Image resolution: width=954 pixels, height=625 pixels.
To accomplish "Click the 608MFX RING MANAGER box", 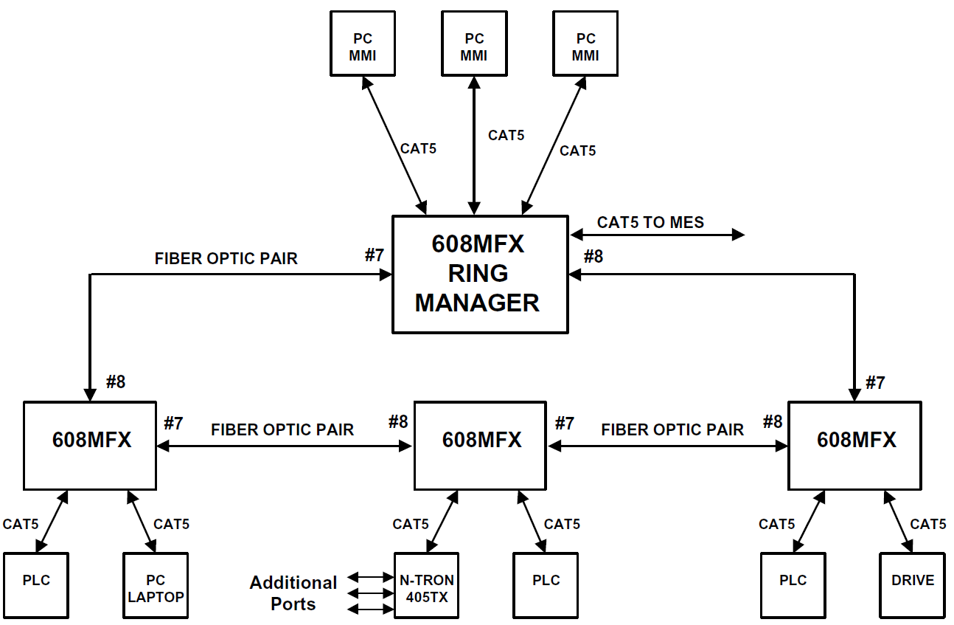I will click(x=479, y=274).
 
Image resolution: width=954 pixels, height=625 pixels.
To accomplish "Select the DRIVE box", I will click(x=912, y=584).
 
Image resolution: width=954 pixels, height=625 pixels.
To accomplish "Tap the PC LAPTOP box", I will click(x=156, y=585).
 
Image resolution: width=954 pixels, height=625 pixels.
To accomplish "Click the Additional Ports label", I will click(x=293, y=593).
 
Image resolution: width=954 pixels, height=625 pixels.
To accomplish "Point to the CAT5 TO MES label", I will click(x=650, y=222).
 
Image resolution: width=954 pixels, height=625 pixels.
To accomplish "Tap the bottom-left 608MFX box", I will click(x=90, y=445).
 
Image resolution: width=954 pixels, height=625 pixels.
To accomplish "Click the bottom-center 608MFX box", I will click(x=481, y=445).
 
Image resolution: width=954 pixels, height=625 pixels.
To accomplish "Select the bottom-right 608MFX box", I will click(x=855, y=445).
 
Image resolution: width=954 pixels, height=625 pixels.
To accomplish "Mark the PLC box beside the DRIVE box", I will click(x=793, y=584).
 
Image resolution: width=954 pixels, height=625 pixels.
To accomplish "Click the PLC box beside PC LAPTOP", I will click(x=36, y=584).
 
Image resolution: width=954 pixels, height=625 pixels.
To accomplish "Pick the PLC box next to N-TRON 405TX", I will click(x=546, y=584).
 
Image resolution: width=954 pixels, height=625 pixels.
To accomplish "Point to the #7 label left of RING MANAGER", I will click(x=375, y=255).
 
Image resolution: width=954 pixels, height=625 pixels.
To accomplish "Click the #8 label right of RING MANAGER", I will click(x=593, y=256).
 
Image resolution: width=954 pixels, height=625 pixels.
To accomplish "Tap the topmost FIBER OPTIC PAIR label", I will click(x=226, y=258).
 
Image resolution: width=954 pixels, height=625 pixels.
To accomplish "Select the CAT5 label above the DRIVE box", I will click(x=928, y=524).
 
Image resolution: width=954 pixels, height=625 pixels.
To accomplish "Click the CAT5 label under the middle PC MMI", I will click(x=506, y=135).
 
